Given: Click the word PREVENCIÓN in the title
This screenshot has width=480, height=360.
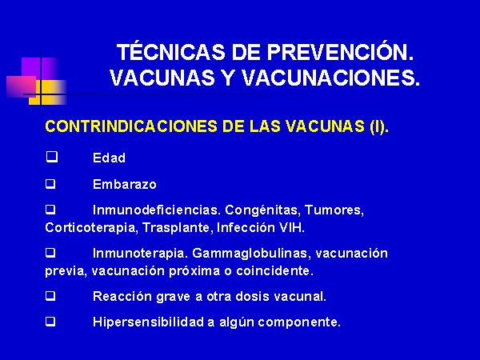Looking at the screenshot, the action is pyautogui.click(x=341, y=52).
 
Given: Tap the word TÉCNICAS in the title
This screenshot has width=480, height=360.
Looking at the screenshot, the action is pyautogui.click(x=171, y=51).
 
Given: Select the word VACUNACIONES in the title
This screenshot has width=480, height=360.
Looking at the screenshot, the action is pyautogui.click(x=330, y=78).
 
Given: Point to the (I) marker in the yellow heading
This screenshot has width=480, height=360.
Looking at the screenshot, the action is pyautogui.click(x=379, y=126).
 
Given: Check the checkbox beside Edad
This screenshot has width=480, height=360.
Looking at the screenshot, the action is pyautogui.click(x=52, y=157).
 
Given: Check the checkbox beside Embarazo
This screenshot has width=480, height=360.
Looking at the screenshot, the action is pyautogui.click(x=51, y=184).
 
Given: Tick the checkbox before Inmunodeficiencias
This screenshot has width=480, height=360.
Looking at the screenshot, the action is pyautogui.click(x=51, y=210).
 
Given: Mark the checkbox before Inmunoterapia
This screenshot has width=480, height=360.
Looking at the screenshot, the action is pyautogui.click(x=51, y=253).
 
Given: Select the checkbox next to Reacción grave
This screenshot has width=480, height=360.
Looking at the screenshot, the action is pyautogui.click(x=51, y=296).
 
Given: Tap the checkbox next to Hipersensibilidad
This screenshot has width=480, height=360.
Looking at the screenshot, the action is pyautogui.click(x=51, y=322).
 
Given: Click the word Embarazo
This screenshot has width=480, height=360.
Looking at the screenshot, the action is pyautogui.click(x=125, y=184).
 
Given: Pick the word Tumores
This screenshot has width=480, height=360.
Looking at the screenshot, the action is pyautogui.click(x=334, y=210).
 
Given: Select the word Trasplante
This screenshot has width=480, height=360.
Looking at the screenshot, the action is pyautogui.click(x=176, y=228).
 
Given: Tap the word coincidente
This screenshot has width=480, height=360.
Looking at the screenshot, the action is pyautogui.click(x=275, y=271).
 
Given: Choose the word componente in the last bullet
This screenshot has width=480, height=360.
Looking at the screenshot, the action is pyautogui.click(x=299, y=322).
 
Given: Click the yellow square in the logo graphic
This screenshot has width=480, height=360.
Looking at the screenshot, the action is pyautogui.click(x=47, y=92).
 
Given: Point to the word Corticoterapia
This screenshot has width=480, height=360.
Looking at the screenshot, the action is pyautogui.click(x=90, y=228).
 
